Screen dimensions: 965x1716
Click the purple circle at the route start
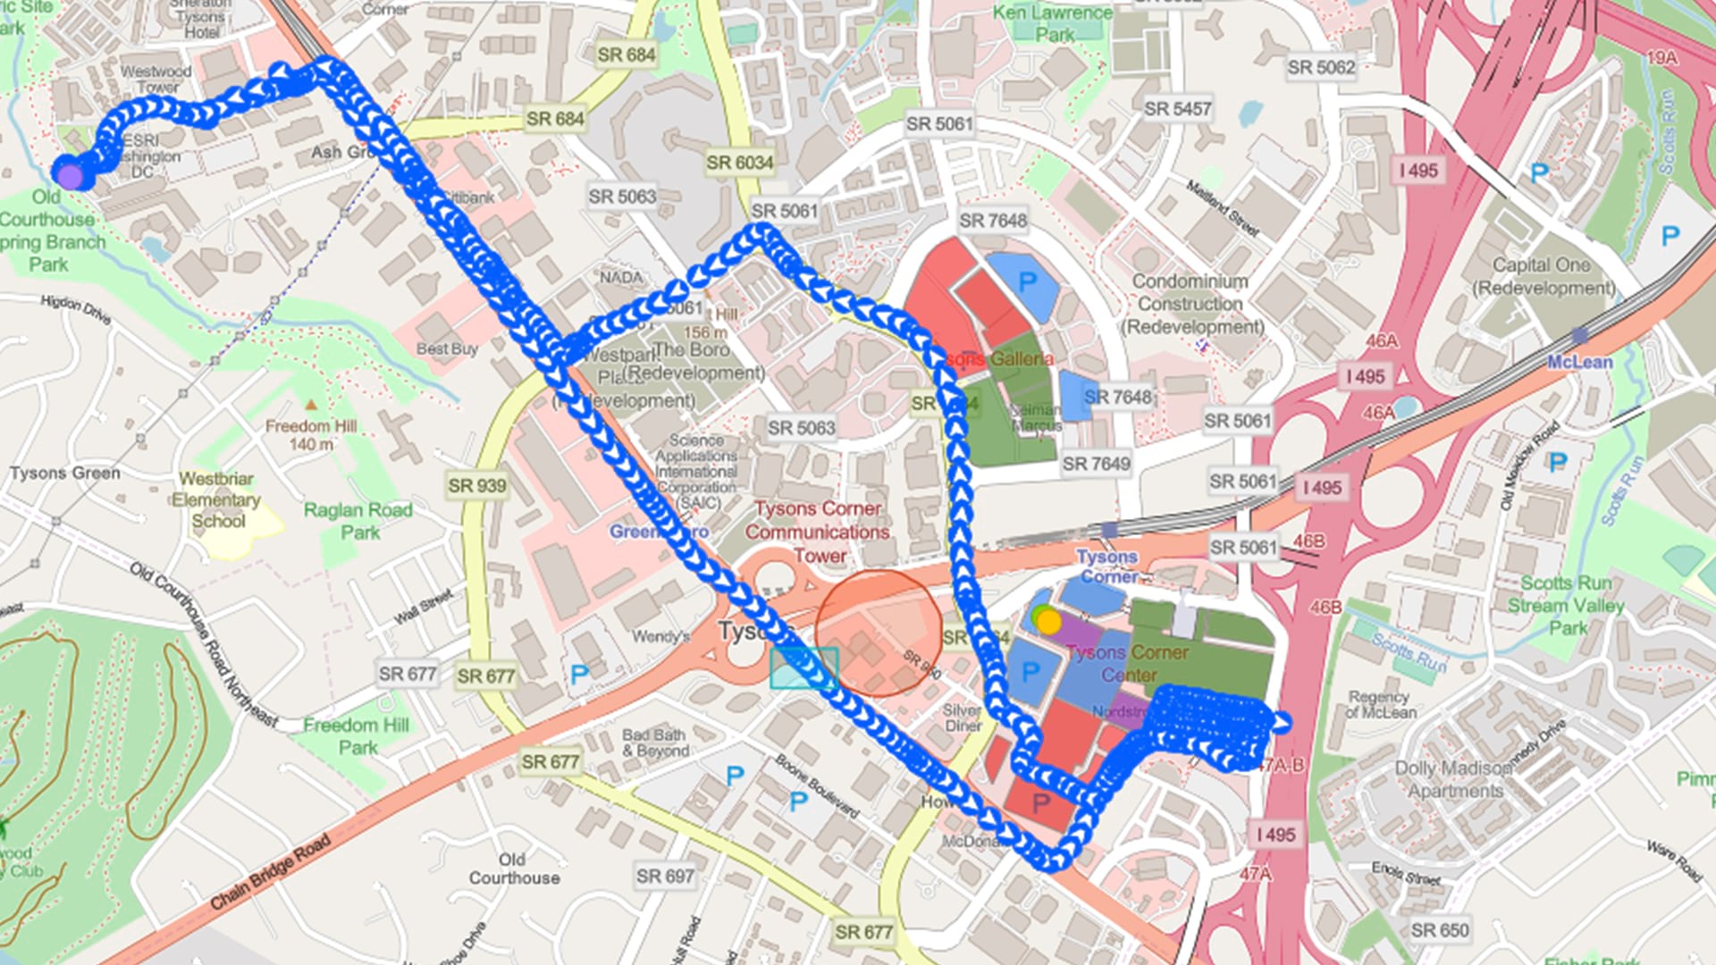coord(71,175)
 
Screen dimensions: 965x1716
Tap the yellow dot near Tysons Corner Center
coord(1048,622)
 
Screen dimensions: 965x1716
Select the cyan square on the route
coord(803,668)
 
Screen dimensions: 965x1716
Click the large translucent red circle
coord(879,634)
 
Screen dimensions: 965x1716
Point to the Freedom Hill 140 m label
coord(310,435)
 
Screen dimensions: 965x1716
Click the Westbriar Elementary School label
coord(216,499)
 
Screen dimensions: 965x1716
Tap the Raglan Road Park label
coord(358,521)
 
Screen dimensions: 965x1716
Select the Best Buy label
coord(447,348)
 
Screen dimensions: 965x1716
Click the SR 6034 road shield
coord(739,163)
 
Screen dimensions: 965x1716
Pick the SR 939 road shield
coord(476,486)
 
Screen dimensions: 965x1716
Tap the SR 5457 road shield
coord(1177,109)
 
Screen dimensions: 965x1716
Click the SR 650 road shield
coord(1439,930)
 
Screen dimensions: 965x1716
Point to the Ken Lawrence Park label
coord(1053,23)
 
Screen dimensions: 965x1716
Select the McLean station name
coord(1579,362)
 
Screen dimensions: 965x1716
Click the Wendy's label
coord(660,636)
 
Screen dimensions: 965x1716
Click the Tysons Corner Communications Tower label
coord(818,532)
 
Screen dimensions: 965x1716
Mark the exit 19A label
coord(1661,58)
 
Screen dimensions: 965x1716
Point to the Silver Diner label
coord(962,717)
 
